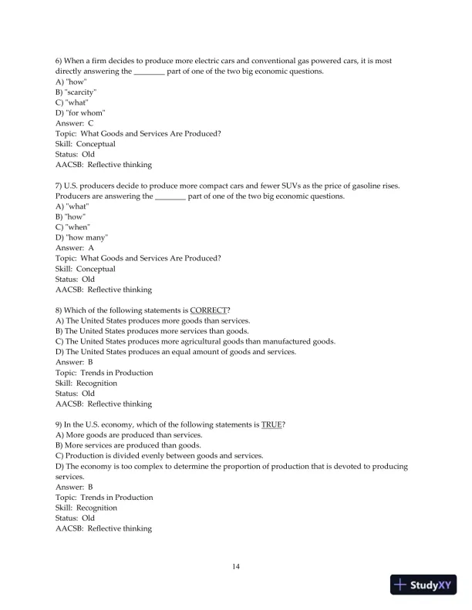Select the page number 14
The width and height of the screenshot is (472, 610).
[x=236, y=567]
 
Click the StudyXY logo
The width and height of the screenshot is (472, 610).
[x=421, y=585]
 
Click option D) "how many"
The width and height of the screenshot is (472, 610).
[x=82, y=238]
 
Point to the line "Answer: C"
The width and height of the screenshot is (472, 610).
[x=75, y=123]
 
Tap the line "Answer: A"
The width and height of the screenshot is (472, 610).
[x=75, y=248]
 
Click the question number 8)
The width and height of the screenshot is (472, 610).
[x=61, y=310]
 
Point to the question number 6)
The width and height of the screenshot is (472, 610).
[x=61, y=61]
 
